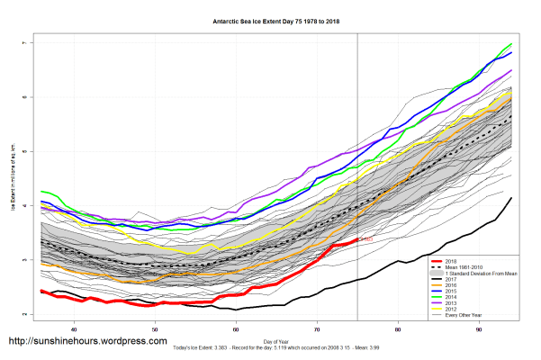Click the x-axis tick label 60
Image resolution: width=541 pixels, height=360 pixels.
click(x=236, y=328)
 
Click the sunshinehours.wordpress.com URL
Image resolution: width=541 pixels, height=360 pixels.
click(x=87, y=342)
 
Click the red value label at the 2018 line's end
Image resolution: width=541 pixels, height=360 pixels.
click(x=365, y=239)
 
